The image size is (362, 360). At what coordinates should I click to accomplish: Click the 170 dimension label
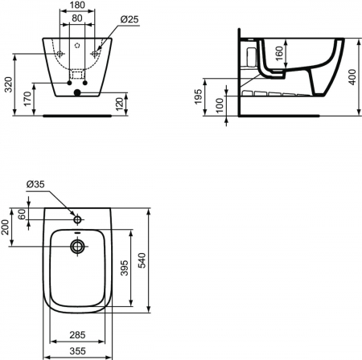point(27,100)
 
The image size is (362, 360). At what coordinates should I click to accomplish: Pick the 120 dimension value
point(120,104)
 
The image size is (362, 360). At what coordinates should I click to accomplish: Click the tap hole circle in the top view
point(77,219)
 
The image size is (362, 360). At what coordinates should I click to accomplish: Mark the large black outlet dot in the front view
point(77,92)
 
